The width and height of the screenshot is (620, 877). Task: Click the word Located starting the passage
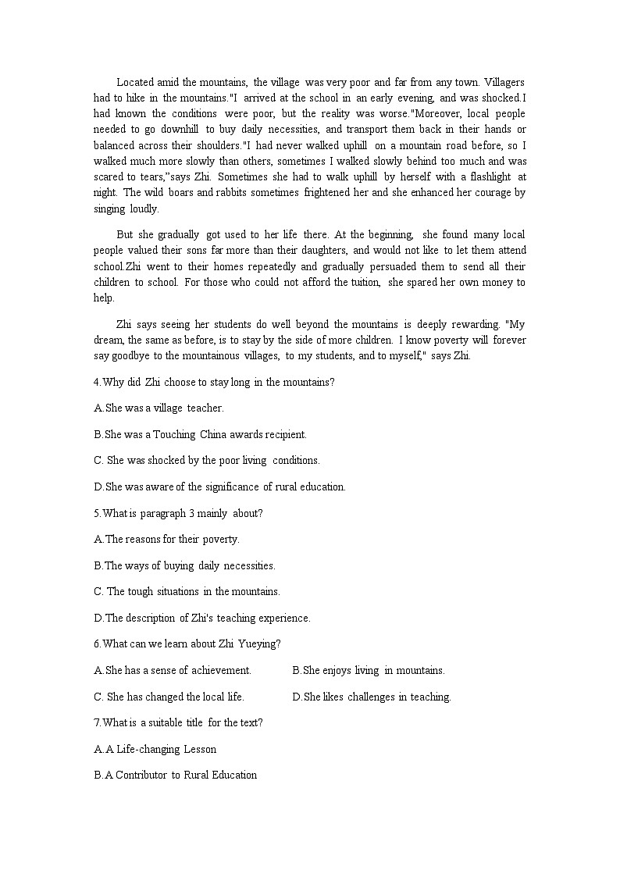136,82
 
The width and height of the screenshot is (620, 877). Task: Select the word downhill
183,129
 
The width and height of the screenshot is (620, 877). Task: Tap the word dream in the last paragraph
109,340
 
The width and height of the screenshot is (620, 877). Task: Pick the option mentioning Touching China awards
200,434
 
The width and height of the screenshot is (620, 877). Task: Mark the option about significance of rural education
219,487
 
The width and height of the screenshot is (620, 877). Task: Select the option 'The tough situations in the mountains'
187,591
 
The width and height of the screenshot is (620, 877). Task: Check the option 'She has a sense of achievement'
173,670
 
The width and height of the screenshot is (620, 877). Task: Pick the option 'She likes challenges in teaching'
372,697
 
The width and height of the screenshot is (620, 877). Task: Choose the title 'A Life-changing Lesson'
155,749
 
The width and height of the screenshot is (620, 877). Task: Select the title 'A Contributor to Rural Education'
175,775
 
